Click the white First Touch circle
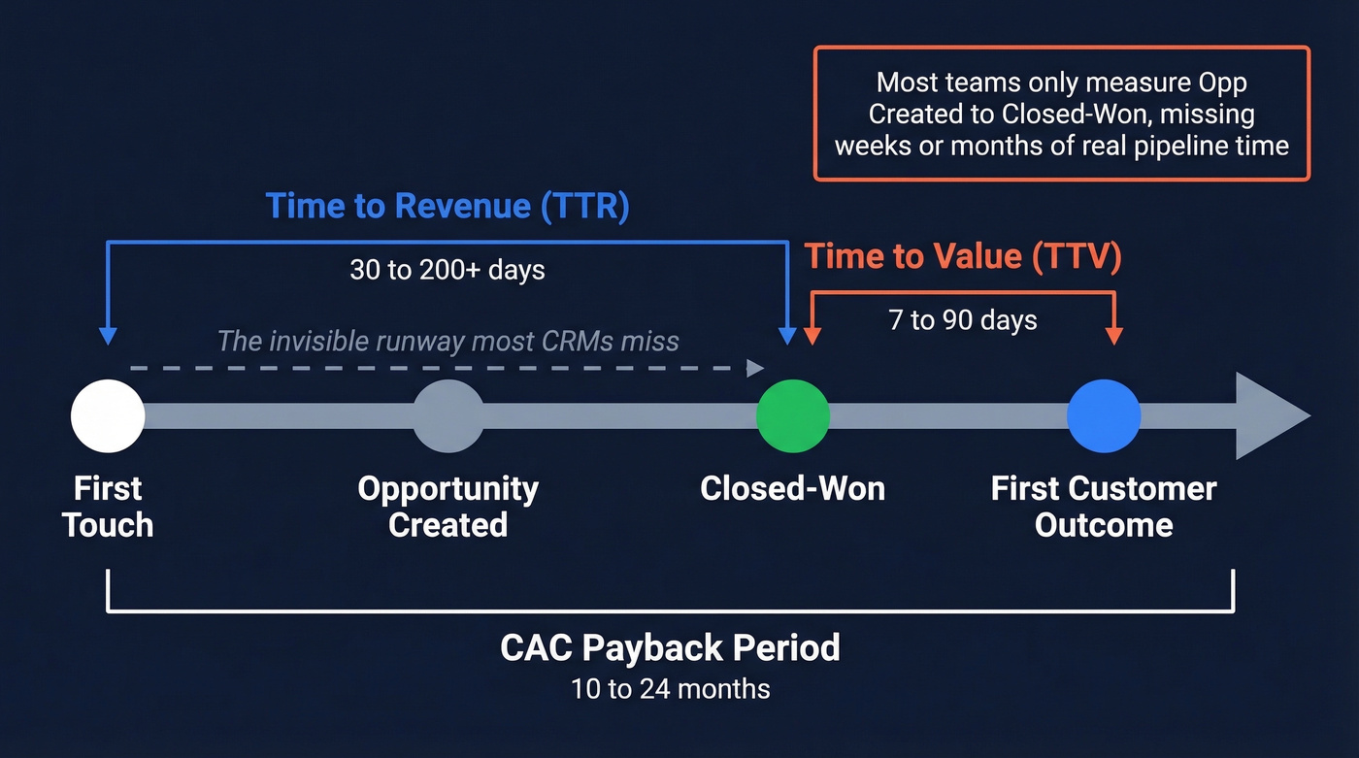coord(108,416)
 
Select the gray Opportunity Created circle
coord(447,416)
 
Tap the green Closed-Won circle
coord(793,416)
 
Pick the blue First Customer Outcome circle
coord(1104,416)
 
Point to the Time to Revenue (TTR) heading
coord(447,206)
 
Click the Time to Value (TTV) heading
coord(963,256)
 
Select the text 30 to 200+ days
coord(447,270)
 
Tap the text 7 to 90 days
coord(963,319)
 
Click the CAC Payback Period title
coord(670,647)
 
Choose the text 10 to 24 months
coord(670,689)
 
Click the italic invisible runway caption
coord(447,341)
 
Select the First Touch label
coord(108,507)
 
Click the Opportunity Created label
coord(447,507)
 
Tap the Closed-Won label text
coord(793,488)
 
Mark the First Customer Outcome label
coord(1104,507)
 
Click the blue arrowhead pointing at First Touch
coord(108,336)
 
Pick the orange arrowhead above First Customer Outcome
coord(1114,336)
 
